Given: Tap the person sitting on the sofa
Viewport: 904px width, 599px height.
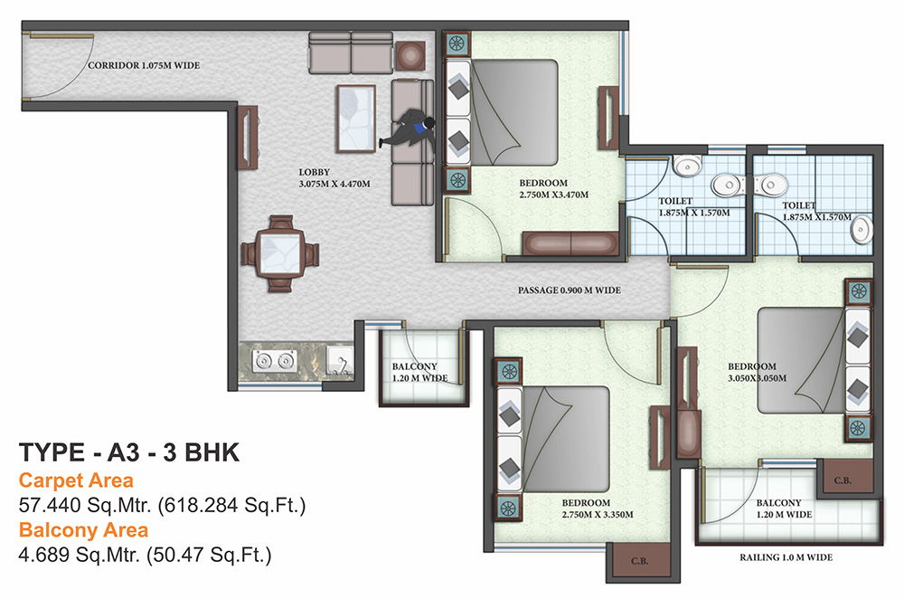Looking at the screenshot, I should [x=411, y=130].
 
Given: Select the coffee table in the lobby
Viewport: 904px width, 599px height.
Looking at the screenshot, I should [x=356, y=118].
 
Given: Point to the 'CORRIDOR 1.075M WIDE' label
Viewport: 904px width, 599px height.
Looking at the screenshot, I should [x=144, y=65].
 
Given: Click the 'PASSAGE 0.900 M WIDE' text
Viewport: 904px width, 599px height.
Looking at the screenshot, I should [x=569, y=291].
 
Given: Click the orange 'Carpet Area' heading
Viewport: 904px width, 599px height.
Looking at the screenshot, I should [x=76, y=480].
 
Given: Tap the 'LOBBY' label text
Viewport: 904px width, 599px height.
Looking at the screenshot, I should [x=314, y=172].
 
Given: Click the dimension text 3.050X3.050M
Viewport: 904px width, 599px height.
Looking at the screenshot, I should [x=758, y=378].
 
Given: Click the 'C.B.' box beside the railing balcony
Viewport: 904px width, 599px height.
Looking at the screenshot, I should [x=843, y=478].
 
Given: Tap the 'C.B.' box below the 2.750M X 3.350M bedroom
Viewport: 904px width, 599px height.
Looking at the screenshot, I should [x=638, y=561].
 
